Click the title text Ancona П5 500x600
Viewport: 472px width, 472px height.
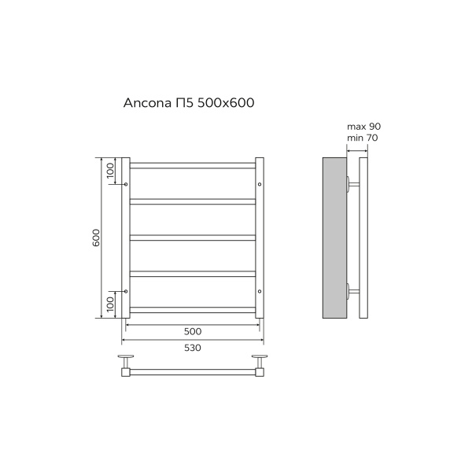[x=189, y=103]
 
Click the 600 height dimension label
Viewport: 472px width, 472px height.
[x=96, y=238]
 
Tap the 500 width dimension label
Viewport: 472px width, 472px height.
[x=193, y=331]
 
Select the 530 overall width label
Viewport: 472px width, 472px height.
[x=193, y=348]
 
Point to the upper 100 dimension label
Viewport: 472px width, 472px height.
[x=110, y=171]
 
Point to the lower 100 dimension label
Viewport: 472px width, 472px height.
[x=110, y=304]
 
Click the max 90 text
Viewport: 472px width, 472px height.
[x=364, y=127]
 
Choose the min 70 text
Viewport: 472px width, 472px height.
[x=363, y=138]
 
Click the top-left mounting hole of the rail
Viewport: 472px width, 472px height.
[x=126, y=184]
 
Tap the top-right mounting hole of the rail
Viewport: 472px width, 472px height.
[x=260, y=184]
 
